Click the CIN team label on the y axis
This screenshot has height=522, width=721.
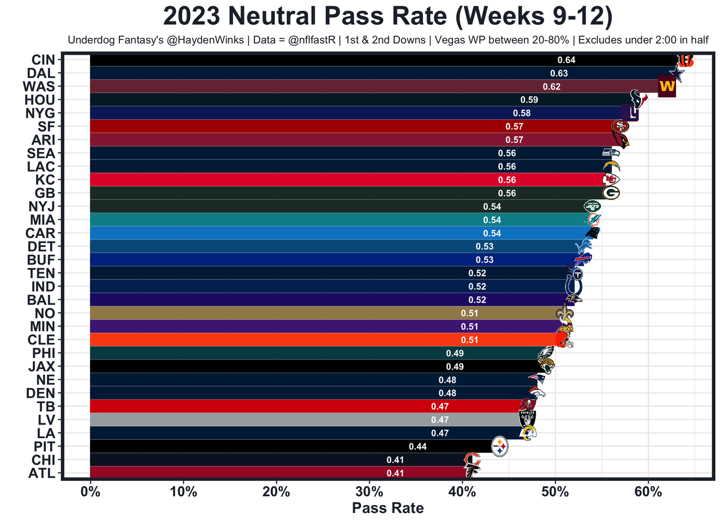[x=43, y=60]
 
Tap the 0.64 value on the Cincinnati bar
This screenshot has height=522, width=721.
[x=566, y=60]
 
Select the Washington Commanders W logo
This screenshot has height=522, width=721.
[x=666, y=87]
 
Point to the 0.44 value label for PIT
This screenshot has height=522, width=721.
[x=417, y=446]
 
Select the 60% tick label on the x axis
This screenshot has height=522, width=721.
[x=648, y=491]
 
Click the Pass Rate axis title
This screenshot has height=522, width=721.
[x=388, y=508]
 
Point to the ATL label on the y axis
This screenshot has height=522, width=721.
[x=42, y=473]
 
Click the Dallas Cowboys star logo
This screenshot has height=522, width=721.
[x=677, y=72]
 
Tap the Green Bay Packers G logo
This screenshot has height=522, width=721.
[x=611, y=193]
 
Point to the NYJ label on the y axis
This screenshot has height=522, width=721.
[x=42, y=206]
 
